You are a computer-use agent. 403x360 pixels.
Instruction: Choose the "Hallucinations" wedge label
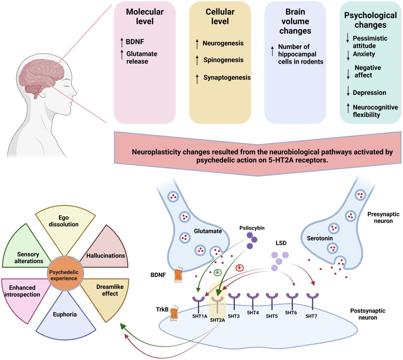click(x=105, y=255)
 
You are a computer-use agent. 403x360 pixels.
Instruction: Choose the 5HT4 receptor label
click(x=253, y=313)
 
